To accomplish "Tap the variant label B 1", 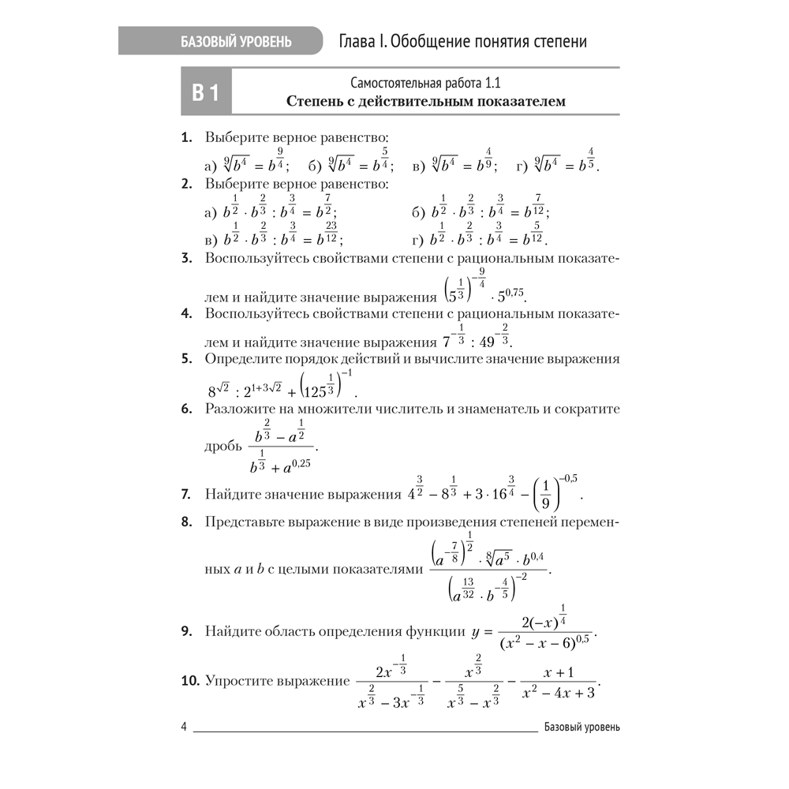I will coord(205,93).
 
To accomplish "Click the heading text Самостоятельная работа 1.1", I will coord(426,83).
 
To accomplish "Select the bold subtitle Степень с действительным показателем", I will coord(426,101).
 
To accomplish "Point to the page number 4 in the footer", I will coord(184,727).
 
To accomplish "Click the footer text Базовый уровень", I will coord(581,727).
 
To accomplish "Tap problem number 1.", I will coord(187,137).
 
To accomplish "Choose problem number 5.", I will coord(187,359).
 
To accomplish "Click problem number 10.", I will coord(191,679).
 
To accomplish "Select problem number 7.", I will coord(187,495).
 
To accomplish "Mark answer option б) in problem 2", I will coord(418,213).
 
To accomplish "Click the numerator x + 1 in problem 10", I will coord(559,672).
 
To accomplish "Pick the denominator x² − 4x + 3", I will coord(559,692).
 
